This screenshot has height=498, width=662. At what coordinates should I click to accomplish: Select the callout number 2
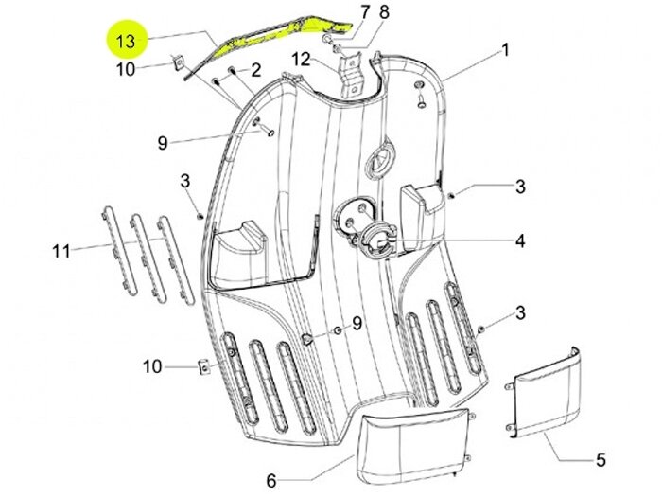point(254,70)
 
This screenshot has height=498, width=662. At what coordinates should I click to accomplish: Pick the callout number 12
point(301,59)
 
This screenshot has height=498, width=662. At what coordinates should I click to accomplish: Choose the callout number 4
point(519,242)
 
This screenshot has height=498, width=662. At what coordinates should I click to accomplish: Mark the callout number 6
point(270,479)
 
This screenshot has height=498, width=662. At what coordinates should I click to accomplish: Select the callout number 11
point(61,251)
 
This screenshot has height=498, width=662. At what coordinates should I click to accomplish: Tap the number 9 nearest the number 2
point(163,143)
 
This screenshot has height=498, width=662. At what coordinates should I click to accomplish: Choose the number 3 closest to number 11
point(185,181)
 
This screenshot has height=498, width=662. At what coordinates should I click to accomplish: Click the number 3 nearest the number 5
point(519,313)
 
